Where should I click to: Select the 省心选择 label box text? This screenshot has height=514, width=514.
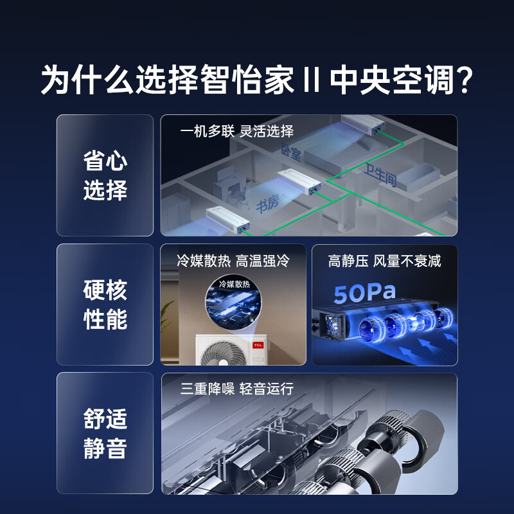[x=105, y=175]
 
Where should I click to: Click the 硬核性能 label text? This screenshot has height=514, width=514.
[x=105, y=305]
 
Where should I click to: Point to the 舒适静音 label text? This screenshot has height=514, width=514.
[x=105, y=434]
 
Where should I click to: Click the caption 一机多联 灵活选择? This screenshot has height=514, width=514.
[x=237, y=132]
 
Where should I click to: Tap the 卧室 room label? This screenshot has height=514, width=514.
[x=291, y=152]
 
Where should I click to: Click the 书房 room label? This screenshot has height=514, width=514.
[x=267, y=205]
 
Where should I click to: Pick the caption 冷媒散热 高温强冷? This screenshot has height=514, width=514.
[x=233, y=261]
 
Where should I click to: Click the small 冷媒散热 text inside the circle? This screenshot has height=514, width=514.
[x=234, y=283]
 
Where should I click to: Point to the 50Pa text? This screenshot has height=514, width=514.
[x=364, y=293]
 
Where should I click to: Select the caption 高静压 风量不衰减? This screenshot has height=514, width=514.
[x=384, y=261]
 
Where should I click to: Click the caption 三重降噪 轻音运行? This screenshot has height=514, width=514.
[x=237, y=389]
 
